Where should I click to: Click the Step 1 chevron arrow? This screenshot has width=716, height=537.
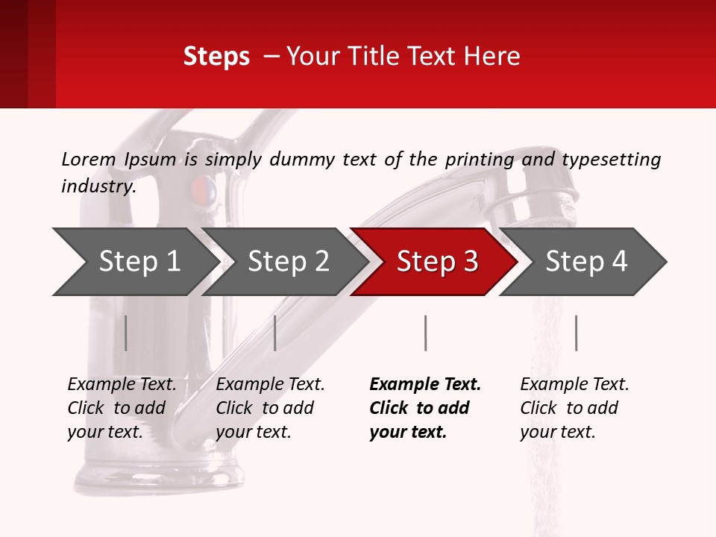(x=138, y=262)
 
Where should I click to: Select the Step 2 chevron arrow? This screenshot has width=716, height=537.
(x=287, y=262)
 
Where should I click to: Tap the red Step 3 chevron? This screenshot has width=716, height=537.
(x=436, y=262)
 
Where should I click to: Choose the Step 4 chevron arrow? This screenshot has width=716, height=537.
(x=585, y=262)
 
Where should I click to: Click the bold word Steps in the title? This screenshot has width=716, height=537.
(x=216, y=57)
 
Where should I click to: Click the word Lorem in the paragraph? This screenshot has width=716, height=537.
(x=89, y=159)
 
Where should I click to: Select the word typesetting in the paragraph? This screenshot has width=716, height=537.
(x=611, y=159)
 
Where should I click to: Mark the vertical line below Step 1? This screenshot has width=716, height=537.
(x=125, y=333)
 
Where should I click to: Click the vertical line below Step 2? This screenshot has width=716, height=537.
(x=275, y=333)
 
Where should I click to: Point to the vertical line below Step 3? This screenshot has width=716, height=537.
(x=425, y=333)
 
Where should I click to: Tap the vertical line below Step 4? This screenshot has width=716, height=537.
(x=576, y=333)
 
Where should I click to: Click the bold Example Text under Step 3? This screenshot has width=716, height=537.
(x=425, y=385)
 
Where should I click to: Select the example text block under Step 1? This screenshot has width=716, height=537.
(x=121, y=408)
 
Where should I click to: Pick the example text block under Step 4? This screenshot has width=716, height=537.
(x=574, y=408)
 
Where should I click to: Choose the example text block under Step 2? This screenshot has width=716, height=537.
(x=269, y=408)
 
